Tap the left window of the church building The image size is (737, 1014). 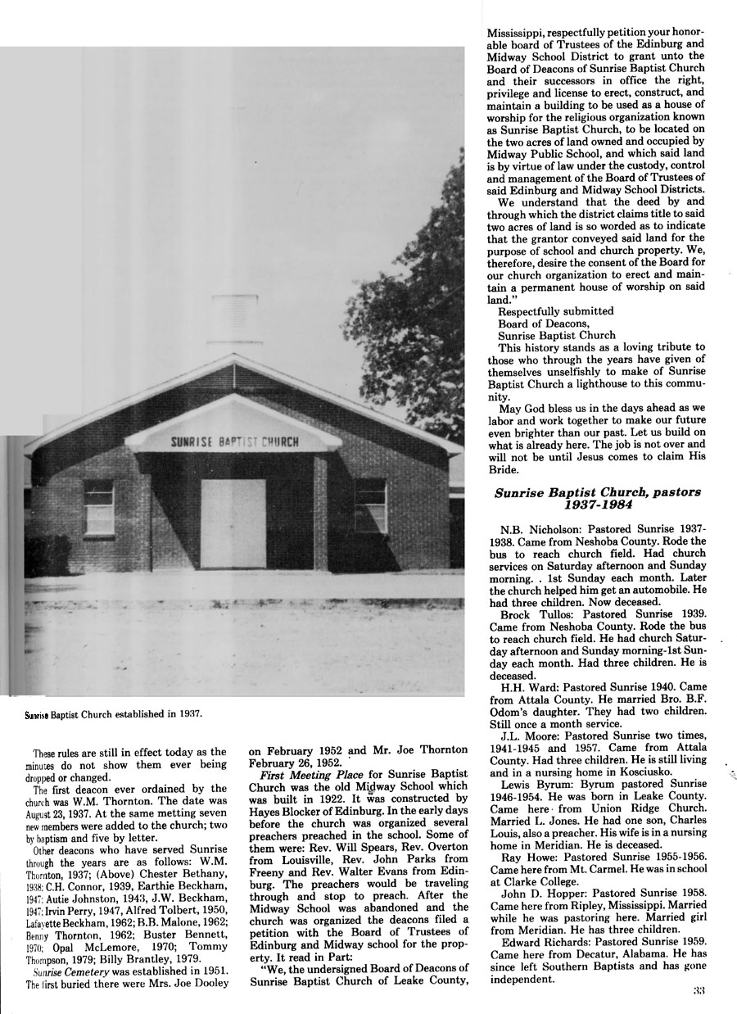[x=98, y=505]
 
